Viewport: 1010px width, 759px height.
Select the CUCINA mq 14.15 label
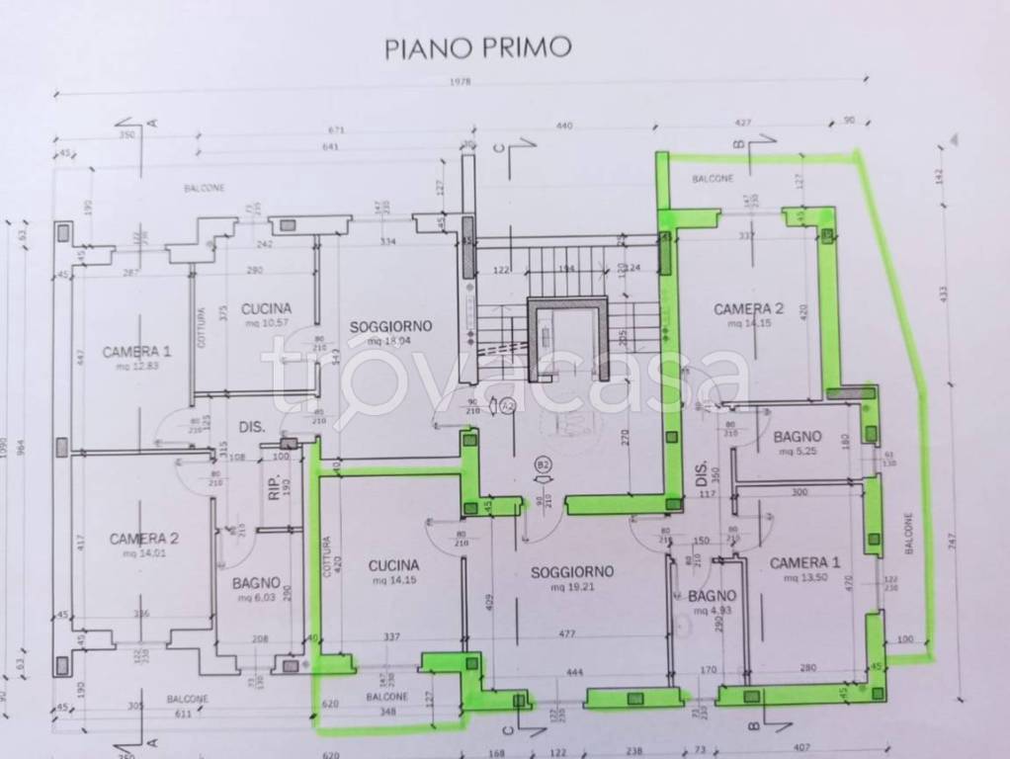click(x=394, y=571)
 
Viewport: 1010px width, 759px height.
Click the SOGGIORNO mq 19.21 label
click(x=572, y=577)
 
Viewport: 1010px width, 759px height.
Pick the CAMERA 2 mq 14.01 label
click(x=144, y=545)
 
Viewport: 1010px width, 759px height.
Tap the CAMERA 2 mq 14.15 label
click(x=748, y=315)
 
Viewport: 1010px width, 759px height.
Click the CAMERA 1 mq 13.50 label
click(x=804, y=569)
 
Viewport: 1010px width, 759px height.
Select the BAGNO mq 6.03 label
click(x=256, y=589)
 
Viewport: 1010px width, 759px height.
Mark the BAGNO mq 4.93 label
click(x=712, y=602)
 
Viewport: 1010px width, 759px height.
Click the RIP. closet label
click(x=275, y=489)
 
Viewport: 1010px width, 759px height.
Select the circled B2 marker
click(x=543, y=463)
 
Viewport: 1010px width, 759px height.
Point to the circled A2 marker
click(x=508, y=404)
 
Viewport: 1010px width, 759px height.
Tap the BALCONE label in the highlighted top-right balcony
click(x=712, y=179)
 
